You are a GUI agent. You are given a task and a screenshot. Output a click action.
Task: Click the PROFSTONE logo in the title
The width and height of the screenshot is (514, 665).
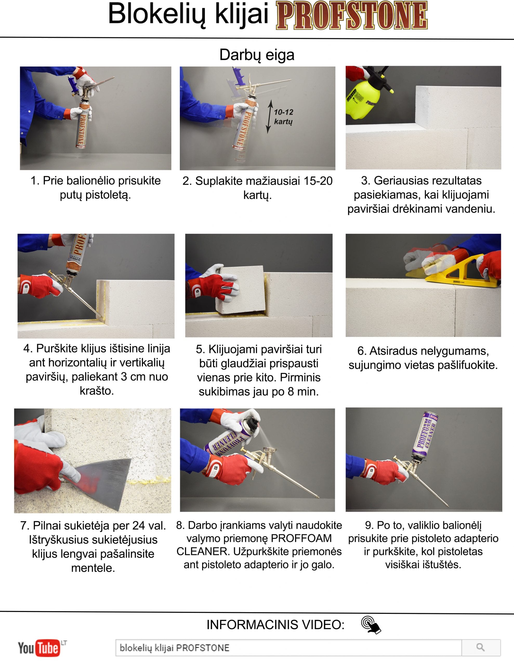352,15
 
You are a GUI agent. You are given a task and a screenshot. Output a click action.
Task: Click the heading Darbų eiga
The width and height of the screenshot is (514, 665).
257,55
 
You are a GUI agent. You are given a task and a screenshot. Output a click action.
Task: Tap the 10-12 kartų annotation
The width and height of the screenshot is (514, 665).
283,117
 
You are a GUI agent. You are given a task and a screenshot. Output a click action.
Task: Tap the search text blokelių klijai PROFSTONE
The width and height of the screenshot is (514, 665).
174,648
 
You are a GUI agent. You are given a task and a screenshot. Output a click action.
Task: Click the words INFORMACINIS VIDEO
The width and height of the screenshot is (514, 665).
275,625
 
